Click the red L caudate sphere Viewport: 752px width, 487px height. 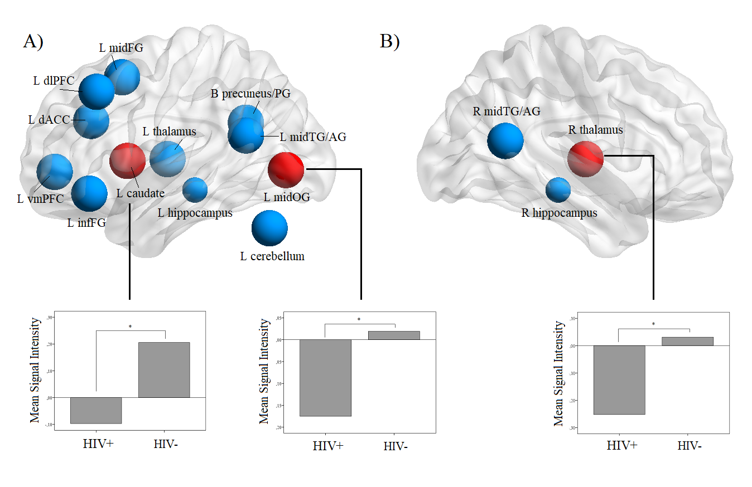(128, 161)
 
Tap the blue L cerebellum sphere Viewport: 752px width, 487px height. (269, 228)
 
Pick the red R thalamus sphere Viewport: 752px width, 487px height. (585, 158)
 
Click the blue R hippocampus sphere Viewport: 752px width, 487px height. (558, 189)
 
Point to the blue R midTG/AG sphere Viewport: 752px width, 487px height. (505, 140)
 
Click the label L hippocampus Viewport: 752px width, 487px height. (195, 213)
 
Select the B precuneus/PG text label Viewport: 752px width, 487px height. (250, 94)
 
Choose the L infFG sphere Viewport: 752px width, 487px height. (89, 193)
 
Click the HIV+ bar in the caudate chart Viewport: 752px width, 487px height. (95, 410)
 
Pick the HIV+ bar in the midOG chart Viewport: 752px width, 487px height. (325, 378)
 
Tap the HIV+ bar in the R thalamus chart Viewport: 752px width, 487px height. (619, 379)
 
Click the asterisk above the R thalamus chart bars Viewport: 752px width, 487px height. (653, 324)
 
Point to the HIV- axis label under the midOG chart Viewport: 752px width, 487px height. (396, 446)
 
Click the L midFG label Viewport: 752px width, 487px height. (121, 48)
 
